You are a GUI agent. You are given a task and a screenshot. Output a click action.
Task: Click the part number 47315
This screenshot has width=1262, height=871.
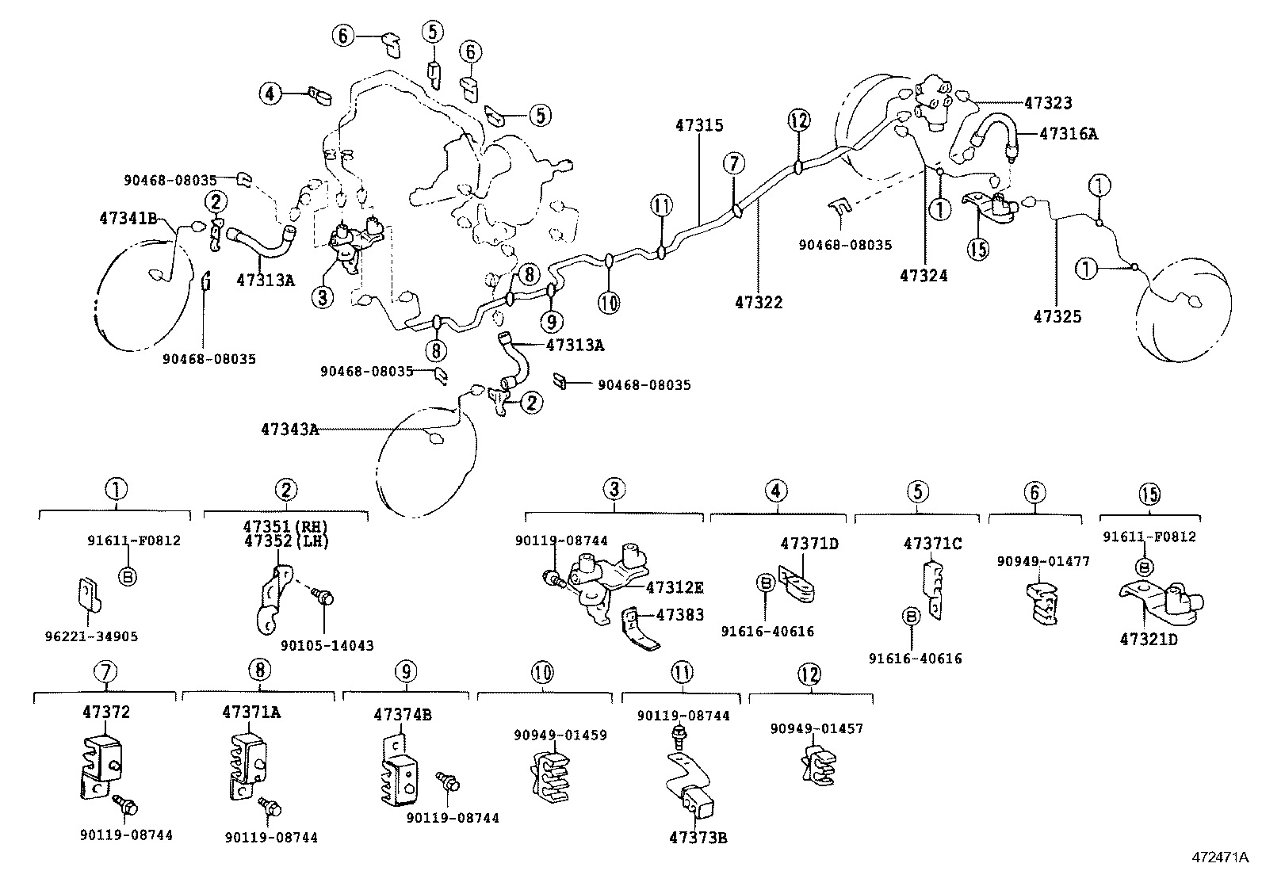click(699, 125)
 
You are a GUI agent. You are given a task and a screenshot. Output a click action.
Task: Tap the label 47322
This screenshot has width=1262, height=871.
click(759, 302)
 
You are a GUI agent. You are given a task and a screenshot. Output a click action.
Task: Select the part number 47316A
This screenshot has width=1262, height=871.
click(1068, 134)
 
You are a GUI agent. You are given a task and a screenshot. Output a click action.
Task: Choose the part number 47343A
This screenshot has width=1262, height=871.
click(289, 430)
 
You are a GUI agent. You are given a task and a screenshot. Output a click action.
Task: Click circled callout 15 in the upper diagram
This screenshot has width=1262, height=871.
click(978, 249)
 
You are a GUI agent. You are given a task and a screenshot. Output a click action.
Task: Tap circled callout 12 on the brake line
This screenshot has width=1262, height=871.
click(799, 120)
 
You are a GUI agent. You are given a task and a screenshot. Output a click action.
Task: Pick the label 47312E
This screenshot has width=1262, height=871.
click(675, 587)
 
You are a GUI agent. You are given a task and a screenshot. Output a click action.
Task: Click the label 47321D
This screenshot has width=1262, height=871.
click(1149, 640)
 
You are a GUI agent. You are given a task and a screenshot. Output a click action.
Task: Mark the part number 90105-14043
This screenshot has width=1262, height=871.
click(327, 646)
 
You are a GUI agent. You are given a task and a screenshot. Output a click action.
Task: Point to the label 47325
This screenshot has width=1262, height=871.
click(1057, 316)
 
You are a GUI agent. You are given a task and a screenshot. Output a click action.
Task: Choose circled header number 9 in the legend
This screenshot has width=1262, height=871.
click(404, 671)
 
